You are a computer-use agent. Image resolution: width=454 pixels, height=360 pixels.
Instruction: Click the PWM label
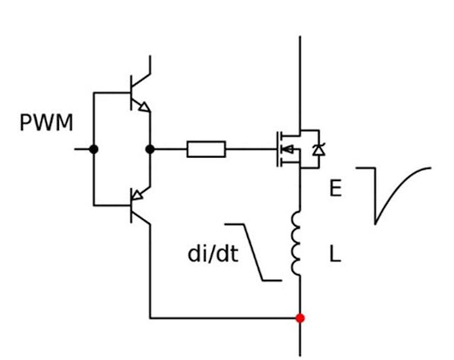click(x=46, y=123)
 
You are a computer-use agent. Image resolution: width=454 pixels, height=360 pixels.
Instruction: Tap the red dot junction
click(x=300, y=318)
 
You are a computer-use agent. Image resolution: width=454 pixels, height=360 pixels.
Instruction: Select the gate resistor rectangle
click(x=206, y=149)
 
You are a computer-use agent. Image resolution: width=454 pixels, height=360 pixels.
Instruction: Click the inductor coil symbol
click(x=297, y=241)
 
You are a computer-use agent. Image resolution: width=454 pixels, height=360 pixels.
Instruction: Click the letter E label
click(x=336, y=188)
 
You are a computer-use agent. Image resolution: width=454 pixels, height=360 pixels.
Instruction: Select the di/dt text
click(x=213, y=254)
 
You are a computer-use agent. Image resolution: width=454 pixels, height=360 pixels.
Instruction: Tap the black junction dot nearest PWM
click(x=94, y=149)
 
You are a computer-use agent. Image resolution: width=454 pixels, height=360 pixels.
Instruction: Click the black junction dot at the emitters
click(x=150, y=149)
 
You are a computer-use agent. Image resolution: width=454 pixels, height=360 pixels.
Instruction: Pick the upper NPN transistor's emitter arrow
click(x=143, y=107)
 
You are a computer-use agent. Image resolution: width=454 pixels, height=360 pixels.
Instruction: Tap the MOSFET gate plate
click(x=277, y=149)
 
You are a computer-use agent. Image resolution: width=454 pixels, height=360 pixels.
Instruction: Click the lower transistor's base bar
click(x=131, y=205)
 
